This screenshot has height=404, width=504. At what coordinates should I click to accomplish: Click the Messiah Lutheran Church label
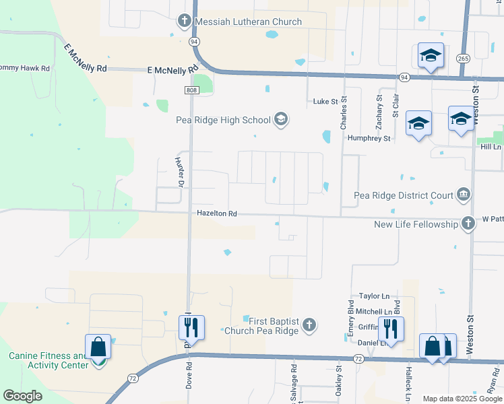click(248, 22)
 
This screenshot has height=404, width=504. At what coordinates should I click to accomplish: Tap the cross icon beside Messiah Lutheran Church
click(185, 21)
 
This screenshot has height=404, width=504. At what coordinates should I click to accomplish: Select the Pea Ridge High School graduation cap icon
click(281, 121)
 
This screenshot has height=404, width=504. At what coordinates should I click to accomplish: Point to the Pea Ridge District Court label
click(404, 196)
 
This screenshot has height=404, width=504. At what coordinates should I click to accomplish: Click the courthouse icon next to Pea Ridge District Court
click(464, 195)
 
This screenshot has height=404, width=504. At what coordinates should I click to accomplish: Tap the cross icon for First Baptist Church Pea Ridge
click(309, 326)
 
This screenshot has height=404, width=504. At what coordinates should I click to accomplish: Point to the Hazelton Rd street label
click(217, 213)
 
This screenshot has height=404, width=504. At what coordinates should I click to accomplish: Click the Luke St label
click(325, 102)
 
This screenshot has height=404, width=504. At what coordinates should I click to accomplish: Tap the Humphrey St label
click(369, 138)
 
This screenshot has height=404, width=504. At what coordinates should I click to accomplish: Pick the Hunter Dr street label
click(179, 172)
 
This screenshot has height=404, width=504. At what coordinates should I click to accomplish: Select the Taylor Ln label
click(374, 296)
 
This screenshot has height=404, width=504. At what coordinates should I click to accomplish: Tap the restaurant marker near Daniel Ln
click(390, 329)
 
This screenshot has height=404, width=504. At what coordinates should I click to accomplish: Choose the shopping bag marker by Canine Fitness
click(98, 347)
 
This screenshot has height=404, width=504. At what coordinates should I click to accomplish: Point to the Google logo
click(23, 395)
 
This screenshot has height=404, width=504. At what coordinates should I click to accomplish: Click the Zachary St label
click(379, 111)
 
